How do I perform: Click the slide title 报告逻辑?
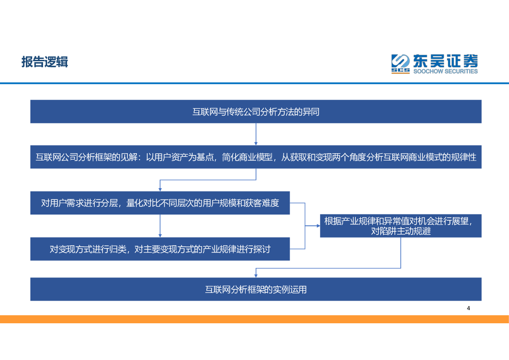tap(44, 62)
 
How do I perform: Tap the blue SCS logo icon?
tap(400, 63)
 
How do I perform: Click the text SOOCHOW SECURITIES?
tap(445, 71)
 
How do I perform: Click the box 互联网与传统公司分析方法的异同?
tap(256, 112)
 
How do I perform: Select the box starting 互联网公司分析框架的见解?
tap(256, 157)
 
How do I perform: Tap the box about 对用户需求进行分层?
tap(160, 203)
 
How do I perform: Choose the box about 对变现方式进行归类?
tap(160, 249)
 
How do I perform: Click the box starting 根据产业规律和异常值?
tap(401, 226)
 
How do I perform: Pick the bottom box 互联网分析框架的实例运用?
tap(256, 289)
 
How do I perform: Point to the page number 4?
tap(469, 308)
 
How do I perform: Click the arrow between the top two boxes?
tap(256, 134)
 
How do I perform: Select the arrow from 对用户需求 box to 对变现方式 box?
tap(160, 226)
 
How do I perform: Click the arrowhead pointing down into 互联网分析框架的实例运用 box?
tap(256, 275)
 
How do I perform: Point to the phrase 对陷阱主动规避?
tap(401, 231)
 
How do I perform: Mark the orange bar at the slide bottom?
tap(254, 319)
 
